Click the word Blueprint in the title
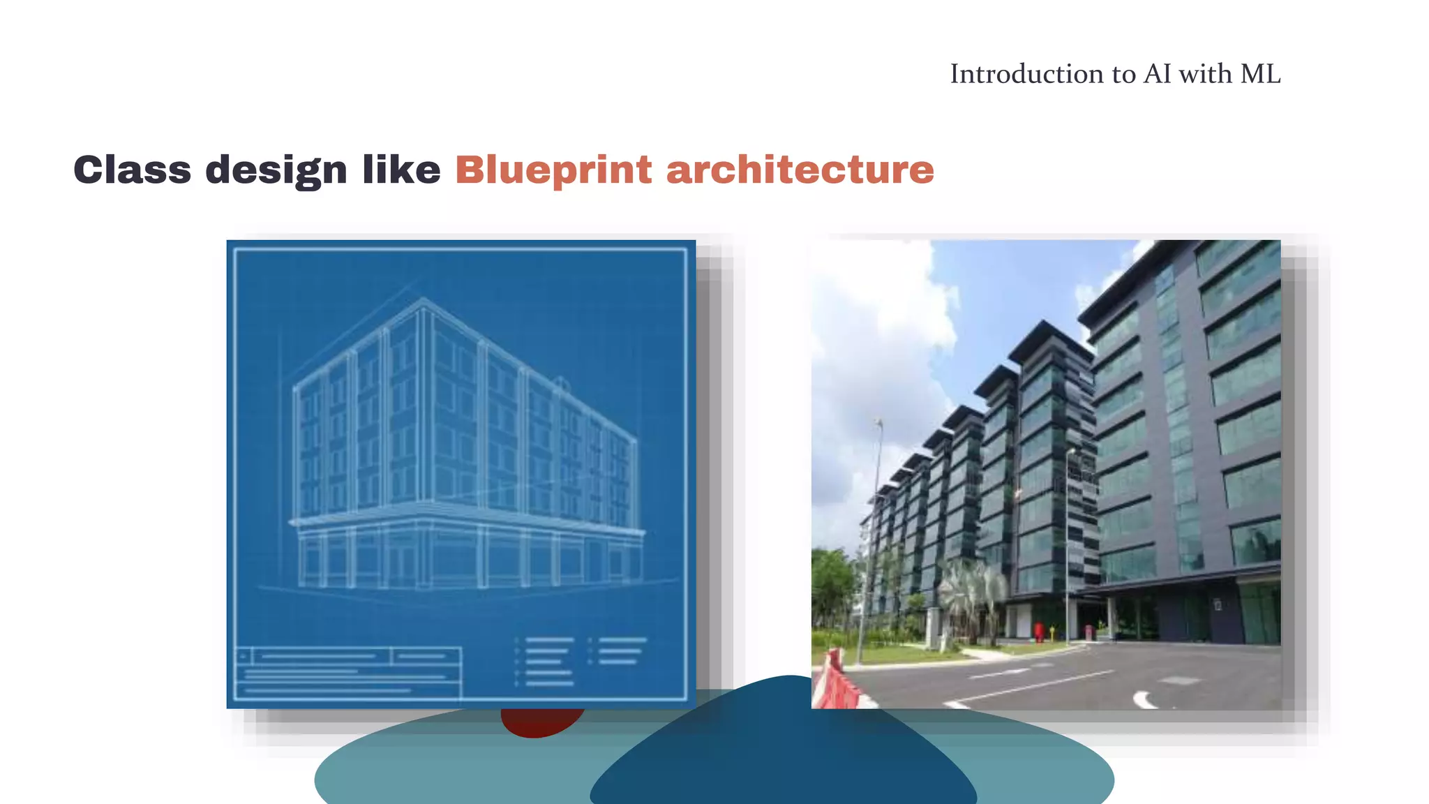point(553,170)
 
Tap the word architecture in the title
point(800,170)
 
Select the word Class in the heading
point(132,170)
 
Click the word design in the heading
point(276,170)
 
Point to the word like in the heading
point(401,170)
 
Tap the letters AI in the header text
point(1157,74)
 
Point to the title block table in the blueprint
point(347,673)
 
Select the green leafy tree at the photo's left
point(832,586)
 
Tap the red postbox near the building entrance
point(1040,632)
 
